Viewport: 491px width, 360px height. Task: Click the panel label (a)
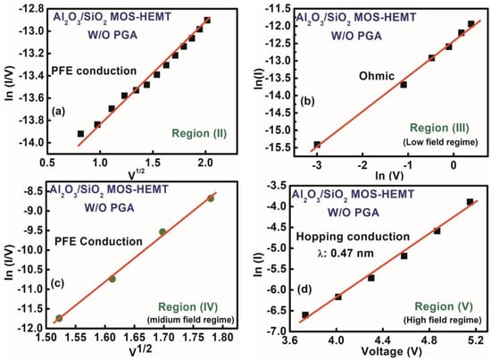click(x=59, y=111)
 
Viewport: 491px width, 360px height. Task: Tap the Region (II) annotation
click(x=199, y=133)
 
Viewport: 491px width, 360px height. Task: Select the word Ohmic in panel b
click(x=377, y=76)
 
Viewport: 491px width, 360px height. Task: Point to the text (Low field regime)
click(x=440, y=142)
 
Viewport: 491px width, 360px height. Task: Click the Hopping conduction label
click(x=353, y=237)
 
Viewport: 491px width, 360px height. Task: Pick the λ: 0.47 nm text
click(x=345, y=253)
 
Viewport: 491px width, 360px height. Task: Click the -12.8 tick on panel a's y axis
click(x=31, y=8)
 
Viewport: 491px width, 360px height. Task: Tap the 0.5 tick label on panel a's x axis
click(x=47, y=163)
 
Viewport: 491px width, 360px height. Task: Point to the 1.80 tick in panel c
click(x=223, y=338)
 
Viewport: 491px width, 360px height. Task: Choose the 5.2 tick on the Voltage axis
click(x=476, y=339)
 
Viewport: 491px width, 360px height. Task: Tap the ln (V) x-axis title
click(x=389, y=176)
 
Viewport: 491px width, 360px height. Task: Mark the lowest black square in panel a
click(x=80, y=134)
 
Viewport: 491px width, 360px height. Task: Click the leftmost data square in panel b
click(x=317, y=145)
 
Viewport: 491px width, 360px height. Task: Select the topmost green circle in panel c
click(x=211, y=198)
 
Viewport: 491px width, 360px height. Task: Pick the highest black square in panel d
click(x=470, y=202)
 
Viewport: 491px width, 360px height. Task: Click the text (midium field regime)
click(x=191, y=320)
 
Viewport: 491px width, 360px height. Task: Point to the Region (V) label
click(x=444, y=306)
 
